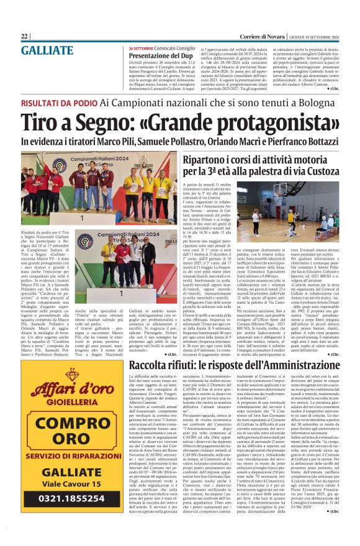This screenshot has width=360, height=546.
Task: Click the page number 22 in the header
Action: (24, 36)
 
